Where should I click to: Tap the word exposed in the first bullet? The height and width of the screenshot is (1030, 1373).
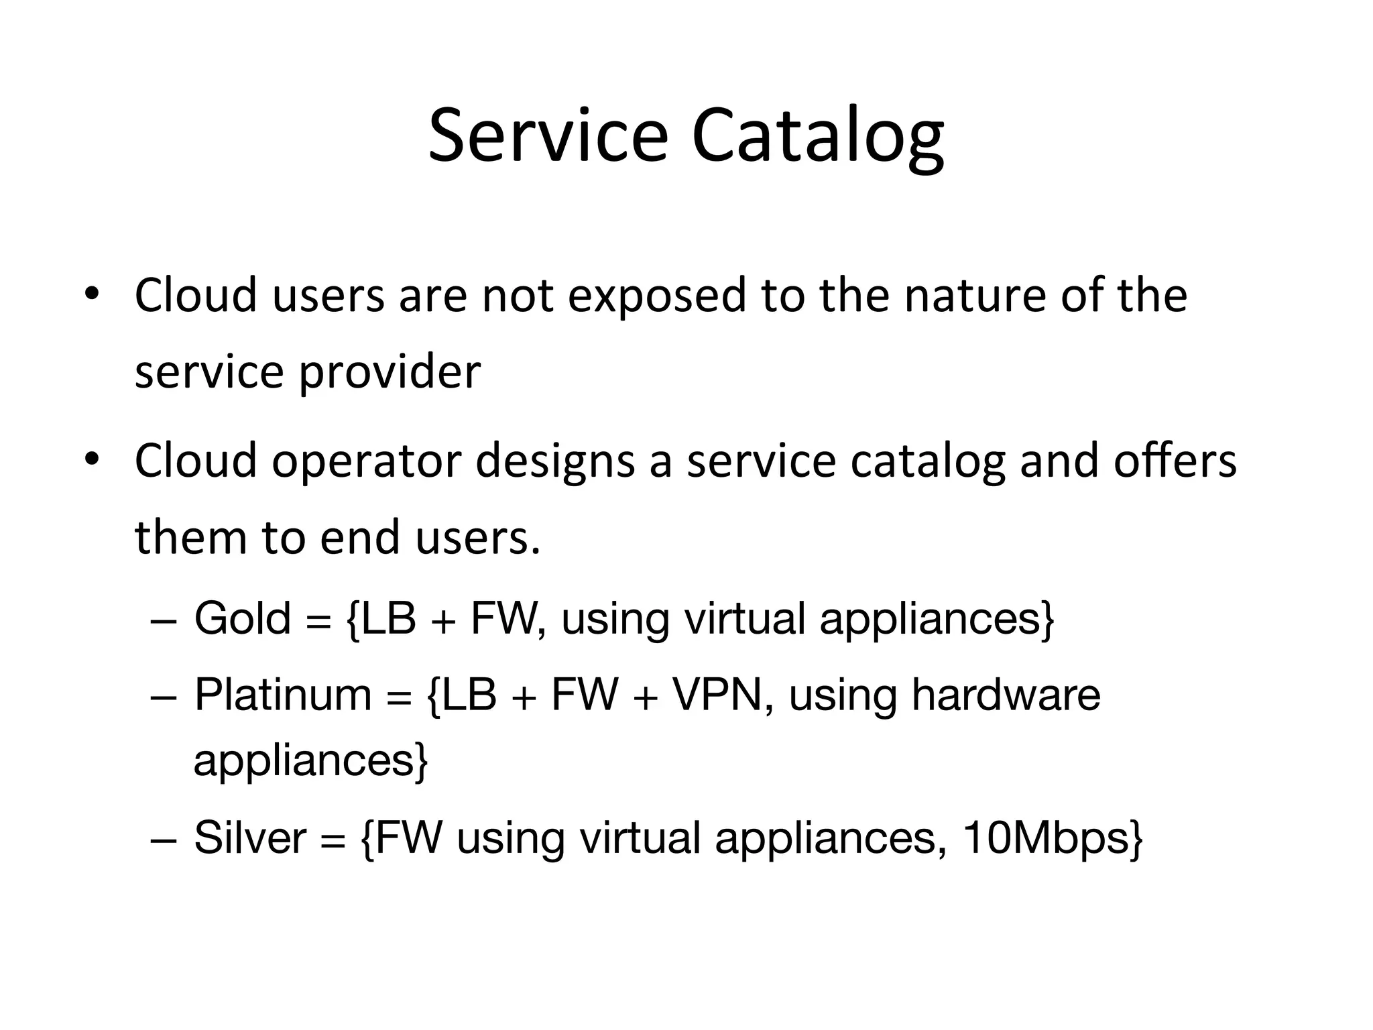click(656, 296)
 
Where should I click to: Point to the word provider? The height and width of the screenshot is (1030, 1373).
click(390, 373)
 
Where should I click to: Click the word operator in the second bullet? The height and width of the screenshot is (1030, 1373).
click(366, 461)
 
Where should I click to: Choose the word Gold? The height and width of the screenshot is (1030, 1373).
click(242, 618)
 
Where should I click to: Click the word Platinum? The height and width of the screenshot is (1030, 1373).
click(282, 695)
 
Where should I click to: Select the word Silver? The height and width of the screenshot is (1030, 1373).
click(250, 838)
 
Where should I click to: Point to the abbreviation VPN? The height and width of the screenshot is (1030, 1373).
click(717, 695)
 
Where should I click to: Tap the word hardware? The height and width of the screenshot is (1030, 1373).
click(1006, 695)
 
